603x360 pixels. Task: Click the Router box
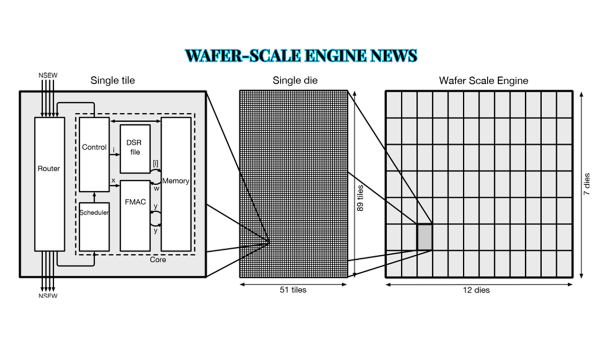pyautogui.click(x=50, y=184)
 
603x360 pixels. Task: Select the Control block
pyautogui.click(x=94, y=154)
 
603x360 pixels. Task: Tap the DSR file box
pyautogui.click(x=135, y=148)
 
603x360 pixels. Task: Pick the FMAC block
pyautogui.click(x=135, y=216)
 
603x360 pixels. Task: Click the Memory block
pyautogui.click(x=176, y=184)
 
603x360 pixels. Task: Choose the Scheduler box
pyautogui.click(x=94, y=227)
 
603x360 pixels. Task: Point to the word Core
pyautogui.click(x=158, y=260)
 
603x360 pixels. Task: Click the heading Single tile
pyautogui.click(x=112, y=81)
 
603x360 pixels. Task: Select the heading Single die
pyautogui.click(x=295, y=81)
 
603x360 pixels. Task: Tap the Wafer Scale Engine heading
pyautogui.click(x=484, y=81)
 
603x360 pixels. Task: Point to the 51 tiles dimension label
pyautogui.click(x=293, y=290)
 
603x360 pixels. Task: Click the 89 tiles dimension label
pyautogui.click(x=360, y=198)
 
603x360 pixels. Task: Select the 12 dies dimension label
pyautogui.click(x=476, y=290)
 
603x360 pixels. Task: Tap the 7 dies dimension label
pyautogui.click(x=586, y=184)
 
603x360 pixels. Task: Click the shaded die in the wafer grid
pyautogui.click(x=424, y=237)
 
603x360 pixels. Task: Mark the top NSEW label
pyautogui.click(x=47, y=75)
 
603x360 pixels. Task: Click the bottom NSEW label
pyautogui.click(x=47, y=295)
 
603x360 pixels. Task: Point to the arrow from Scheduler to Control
pyautogui.click(x=94, y=197)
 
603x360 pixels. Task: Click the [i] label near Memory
pyautogui.click(x=155, y=163)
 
